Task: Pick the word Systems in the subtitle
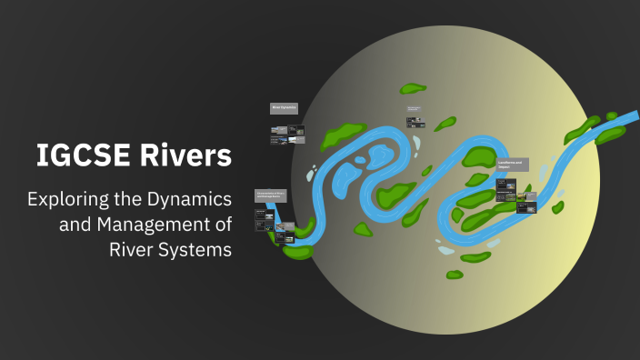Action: (x=196, y=248)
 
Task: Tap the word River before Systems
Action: (x=132, y=248)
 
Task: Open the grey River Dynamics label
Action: (x=285, y=107)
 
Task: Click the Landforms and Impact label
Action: (x=512, y=165)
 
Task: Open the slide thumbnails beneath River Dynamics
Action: (x=286, y=135)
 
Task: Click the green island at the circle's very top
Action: (x=413, y=89)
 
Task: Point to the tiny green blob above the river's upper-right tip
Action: (x=612, y=115)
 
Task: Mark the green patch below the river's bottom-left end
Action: (x=297, y=251)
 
